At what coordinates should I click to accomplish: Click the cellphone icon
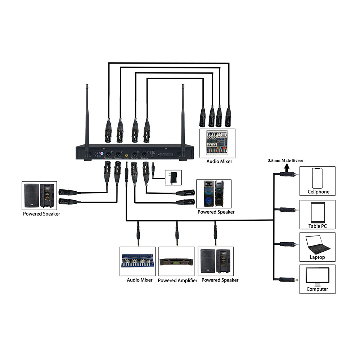coord(317,178)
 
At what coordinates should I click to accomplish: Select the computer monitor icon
coord(317,276)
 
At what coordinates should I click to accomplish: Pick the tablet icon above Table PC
coord(317,212)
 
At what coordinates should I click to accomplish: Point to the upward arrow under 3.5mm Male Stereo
coord(287,168)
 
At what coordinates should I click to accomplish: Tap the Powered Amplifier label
coord(177,280)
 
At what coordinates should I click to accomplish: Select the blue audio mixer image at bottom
coord(137,261)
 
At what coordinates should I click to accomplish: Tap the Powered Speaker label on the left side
coord(41,214)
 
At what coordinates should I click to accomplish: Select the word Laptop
coord(317,257)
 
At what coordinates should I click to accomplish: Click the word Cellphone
coord(318,192)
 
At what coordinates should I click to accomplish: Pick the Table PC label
coord(317,226)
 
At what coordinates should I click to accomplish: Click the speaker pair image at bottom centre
coord(215,261)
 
